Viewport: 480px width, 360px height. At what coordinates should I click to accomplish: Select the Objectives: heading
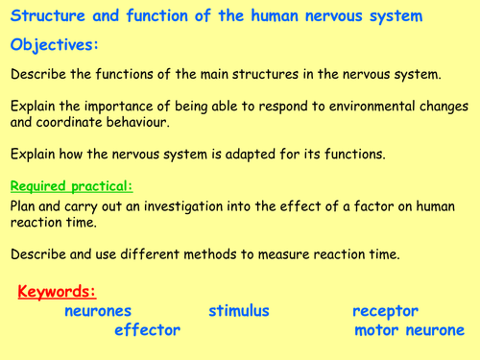[57, 45]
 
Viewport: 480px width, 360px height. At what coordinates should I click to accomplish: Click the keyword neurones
[98, 311]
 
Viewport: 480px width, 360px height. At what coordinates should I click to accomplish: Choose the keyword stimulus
[238, 311]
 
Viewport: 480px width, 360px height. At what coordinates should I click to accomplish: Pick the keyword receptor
[385, 311]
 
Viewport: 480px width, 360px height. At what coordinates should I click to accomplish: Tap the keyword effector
[147, 330]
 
